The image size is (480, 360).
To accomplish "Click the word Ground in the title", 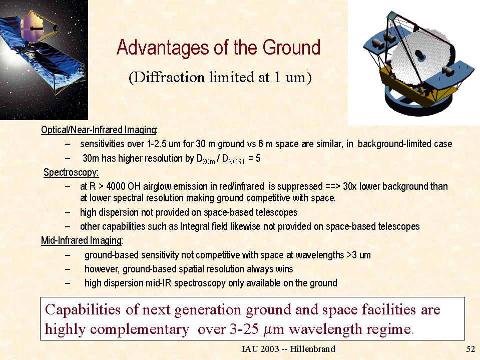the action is tap(291, 48).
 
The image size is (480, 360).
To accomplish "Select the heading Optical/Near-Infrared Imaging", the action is tap(99, 130).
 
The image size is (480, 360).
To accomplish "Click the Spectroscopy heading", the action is tap(71, 172).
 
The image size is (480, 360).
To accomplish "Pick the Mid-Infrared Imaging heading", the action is tap(82, 241).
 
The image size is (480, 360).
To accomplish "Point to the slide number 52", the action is tap(470, 349).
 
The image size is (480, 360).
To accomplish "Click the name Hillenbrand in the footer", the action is tap(312, 349).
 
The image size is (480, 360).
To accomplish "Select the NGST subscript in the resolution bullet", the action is tap(237, 161).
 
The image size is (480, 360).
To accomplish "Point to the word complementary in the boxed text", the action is tap(140, 330).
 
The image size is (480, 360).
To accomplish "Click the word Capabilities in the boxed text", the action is tap(83, 309).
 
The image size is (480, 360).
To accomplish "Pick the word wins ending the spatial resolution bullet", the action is tap(284, 269).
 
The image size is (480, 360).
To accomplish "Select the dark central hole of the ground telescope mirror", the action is tap(419, 56).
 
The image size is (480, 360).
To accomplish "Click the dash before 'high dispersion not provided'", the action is tap(68, 212).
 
